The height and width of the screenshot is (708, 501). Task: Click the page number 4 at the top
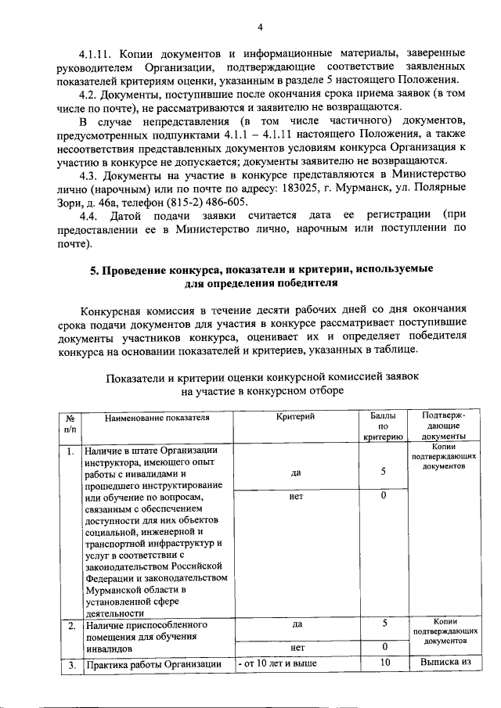259,29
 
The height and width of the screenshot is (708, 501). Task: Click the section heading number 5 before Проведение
93,270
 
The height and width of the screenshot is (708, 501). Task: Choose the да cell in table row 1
296,473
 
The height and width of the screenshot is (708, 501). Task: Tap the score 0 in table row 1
384,496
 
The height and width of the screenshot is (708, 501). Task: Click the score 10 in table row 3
384,663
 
